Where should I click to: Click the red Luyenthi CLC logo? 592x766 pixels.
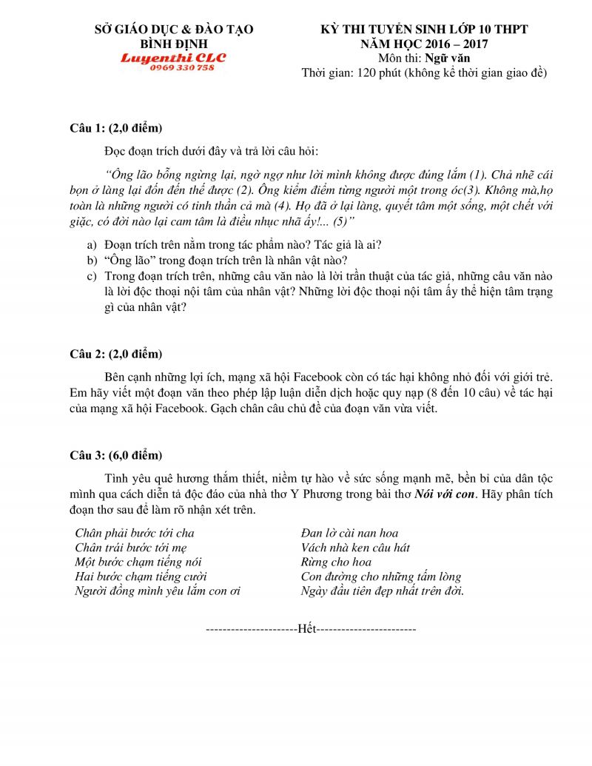[x=174, y=57]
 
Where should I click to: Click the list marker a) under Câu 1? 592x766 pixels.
[x=92, y=244]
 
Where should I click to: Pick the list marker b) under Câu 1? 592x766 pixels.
[x=92, y=261]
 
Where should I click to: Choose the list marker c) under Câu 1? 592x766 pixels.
[x=92, y=276]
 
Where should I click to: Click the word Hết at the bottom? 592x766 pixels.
[x=306, y=629]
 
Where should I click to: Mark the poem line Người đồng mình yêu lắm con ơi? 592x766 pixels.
[x=158, y=591]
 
